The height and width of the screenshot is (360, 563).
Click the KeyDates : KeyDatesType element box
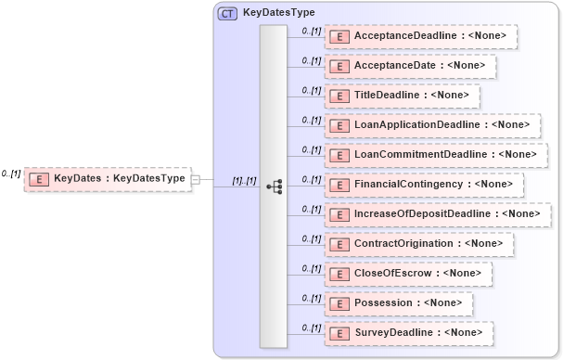[108, 178]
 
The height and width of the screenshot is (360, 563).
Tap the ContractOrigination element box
[417, 243]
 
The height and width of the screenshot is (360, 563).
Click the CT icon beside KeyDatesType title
[226, 13]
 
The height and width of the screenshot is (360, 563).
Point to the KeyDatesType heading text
[278, 13]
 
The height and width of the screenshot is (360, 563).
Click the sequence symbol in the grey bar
[274, 186]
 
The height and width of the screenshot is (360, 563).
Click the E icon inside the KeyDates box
[40, 178]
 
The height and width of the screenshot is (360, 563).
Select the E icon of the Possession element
[339, 302]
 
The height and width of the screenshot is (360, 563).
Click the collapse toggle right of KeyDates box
[196, 178]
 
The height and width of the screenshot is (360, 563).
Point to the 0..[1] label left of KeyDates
[11, 174]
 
